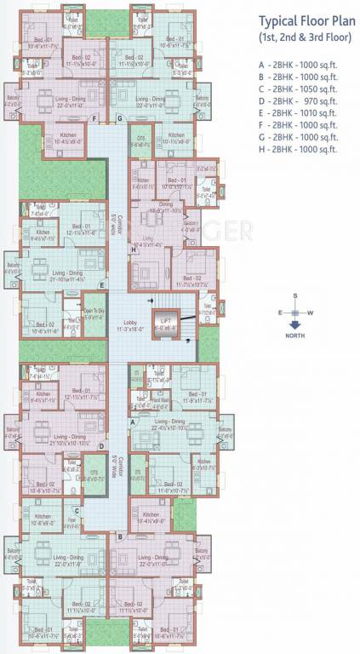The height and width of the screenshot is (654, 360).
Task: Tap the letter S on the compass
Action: tap(294, 295)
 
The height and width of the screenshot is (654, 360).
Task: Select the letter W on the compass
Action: tap(311, 313)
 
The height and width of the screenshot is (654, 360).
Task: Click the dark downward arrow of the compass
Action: tap(294, 323)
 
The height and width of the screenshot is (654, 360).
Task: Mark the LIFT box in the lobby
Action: tap(165, 324)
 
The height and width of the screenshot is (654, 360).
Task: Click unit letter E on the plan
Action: tap(102, 285)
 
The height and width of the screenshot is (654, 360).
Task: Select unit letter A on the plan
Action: tap(133, 422)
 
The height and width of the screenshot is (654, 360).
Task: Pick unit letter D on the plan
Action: tap(101, 445)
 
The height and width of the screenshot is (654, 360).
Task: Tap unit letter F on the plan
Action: tap(94, 118)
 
